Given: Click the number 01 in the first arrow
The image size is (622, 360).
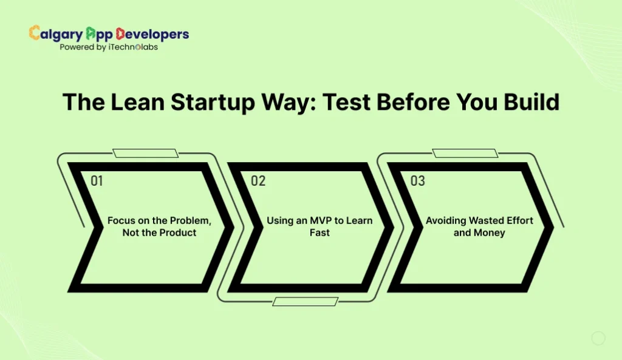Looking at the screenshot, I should (x=97, y=180).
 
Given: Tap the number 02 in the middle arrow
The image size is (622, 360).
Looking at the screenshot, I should (x=258, y=180).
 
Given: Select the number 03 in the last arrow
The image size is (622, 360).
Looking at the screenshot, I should (x=417, y=180).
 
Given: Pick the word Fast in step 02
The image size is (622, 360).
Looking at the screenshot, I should (x=320, y=233).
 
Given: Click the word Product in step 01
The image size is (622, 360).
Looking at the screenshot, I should (x=177, y=233).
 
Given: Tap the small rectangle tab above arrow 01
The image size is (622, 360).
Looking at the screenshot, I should (x=146, y=153).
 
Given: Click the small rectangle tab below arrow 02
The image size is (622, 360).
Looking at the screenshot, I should (x=305, y=301).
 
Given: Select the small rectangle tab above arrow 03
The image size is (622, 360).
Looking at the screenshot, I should (x=464, y=153).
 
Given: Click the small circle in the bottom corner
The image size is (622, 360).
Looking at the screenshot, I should (x=598, y=338).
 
